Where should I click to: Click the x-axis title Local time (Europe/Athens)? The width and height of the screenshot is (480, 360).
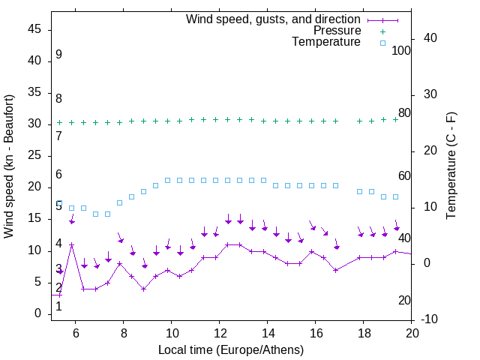pyautogui.click(x=231, y=349)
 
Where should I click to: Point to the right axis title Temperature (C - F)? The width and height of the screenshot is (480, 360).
pyautogui.click(x=451, y=166)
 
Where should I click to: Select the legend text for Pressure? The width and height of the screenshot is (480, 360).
pyautogui.click(x=337, y=31)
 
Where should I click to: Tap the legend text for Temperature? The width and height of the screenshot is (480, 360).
pyautogui.click(x=326, y=43)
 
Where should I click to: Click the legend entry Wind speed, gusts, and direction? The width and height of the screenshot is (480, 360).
pyautogui.click(x=273, y=19)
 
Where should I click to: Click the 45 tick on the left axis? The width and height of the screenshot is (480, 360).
pyautogui.click(x=34, y=29)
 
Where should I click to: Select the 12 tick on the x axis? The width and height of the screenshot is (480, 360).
pyautogui.click(x=219, y=332)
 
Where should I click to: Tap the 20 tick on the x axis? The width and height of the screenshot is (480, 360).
pyautogui.click(x=412, y=332)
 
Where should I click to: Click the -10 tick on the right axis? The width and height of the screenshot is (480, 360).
pyautogui.click(x=430, y=319)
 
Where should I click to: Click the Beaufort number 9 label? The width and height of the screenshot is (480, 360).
pyautogui.click(x=58, y=55)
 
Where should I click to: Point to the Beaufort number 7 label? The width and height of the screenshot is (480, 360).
pyautogui.click(x=58, y=136)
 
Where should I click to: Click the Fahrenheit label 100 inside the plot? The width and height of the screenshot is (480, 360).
pyautogui.click(x=401, y=51)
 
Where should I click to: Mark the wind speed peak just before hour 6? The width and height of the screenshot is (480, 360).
pyautogui.click(x=72, y=244)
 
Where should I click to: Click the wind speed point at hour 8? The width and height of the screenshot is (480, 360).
pyautogui.click(x=119, y=264)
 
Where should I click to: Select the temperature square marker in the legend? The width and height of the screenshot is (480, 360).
pyautogui.click(x=382, y=43)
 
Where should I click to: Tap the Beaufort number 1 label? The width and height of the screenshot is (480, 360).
pyautogui.click(x=58, y=306)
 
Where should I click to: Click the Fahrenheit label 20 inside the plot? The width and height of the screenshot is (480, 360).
pyautogui.click(x=404, y=301)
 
